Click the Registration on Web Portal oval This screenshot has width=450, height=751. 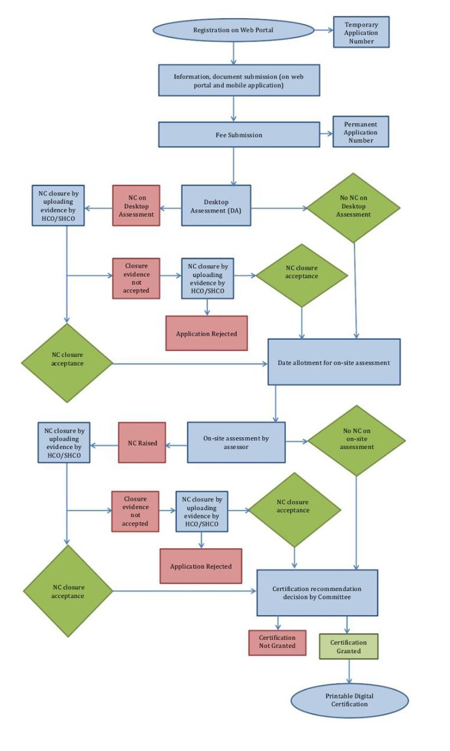click(x=233, y=30)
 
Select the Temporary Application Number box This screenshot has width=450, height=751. click(x=361, y=32)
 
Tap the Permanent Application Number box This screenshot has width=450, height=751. click(x=360, y=132)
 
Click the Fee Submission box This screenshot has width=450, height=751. click(x=238, y=135)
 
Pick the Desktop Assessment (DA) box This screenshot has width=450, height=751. click(x=216, y=206)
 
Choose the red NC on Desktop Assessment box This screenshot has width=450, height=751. click(x=136, y=206)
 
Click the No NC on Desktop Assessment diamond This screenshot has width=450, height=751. click(x=353, y=208)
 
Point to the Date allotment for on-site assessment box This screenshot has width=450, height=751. click(x=333, y=362)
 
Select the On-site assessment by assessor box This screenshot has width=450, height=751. click(x=236, y=442)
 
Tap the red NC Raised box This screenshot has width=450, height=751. click(x=142, y=443)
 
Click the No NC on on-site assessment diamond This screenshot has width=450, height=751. click(x=356, y=440)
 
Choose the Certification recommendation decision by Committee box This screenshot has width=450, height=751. click(x=317, y=593)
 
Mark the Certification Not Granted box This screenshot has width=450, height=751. click(x=277, y=643)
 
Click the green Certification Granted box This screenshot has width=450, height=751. click(x=348, y=646)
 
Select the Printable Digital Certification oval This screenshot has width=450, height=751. click(x=349, y=700)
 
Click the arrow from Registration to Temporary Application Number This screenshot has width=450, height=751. click(x=323, y=30)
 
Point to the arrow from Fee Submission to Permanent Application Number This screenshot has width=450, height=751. click(x=326, y=135)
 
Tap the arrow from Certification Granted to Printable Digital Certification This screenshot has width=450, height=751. click(x=349, y=671)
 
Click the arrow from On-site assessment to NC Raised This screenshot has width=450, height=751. click(x=176, y=444)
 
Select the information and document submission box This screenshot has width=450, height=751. click(x=238, y=80)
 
